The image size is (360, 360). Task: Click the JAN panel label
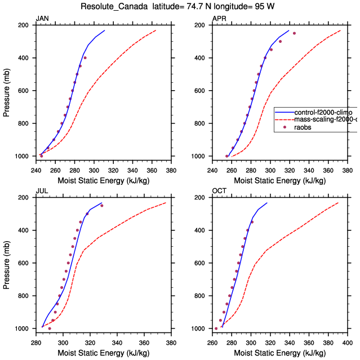(42, 19)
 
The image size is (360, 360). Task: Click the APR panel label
(219, 19)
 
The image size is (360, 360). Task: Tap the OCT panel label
(219, 192)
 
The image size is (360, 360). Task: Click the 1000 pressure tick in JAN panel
(22, 156)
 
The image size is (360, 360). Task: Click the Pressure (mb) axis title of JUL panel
(7, 263)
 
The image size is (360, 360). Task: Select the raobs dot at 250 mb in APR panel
(294, 33)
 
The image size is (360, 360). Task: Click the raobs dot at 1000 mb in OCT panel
(216, 328)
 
